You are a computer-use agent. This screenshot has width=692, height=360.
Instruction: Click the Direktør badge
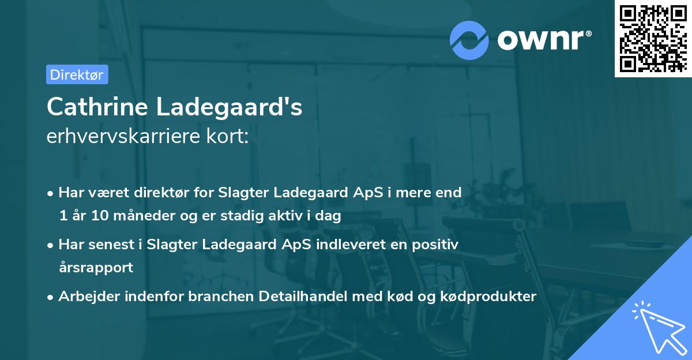(77, 74)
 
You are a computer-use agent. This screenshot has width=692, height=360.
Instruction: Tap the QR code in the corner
(653, 39)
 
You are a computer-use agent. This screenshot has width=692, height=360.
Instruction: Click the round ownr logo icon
(469, 40)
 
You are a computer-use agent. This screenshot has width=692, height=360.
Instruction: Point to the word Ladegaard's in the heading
(238, 107)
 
